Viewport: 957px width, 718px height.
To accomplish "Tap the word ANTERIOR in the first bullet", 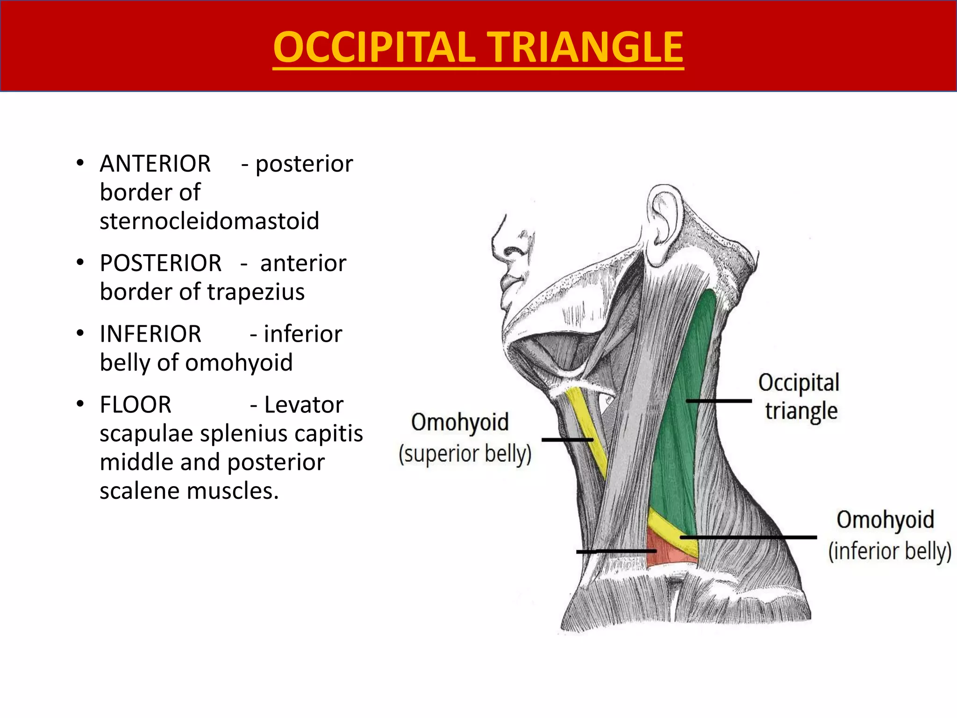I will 155,164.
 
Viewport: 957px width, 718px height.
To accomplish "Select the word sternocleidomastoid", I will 209,221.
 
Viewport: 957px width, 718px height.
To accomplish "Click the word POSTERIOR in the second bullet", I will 161,263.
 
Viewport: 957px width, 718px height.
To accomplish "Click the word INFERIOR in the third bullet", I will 150,334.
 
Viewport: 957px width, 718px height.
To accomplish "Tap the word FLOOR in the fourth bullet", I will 136,405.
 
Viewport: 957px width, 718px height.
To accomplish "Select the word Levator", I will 304,405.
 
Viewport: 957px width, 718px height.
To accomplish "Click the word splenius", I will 246,434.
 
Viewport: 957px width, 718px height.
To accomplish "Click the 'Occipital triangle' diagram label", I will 799,396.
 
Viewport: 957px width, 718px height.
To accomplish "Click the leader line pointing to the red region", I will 616,552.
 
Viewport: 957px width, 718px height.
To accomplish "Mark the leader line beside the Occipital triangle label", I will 719,401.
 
